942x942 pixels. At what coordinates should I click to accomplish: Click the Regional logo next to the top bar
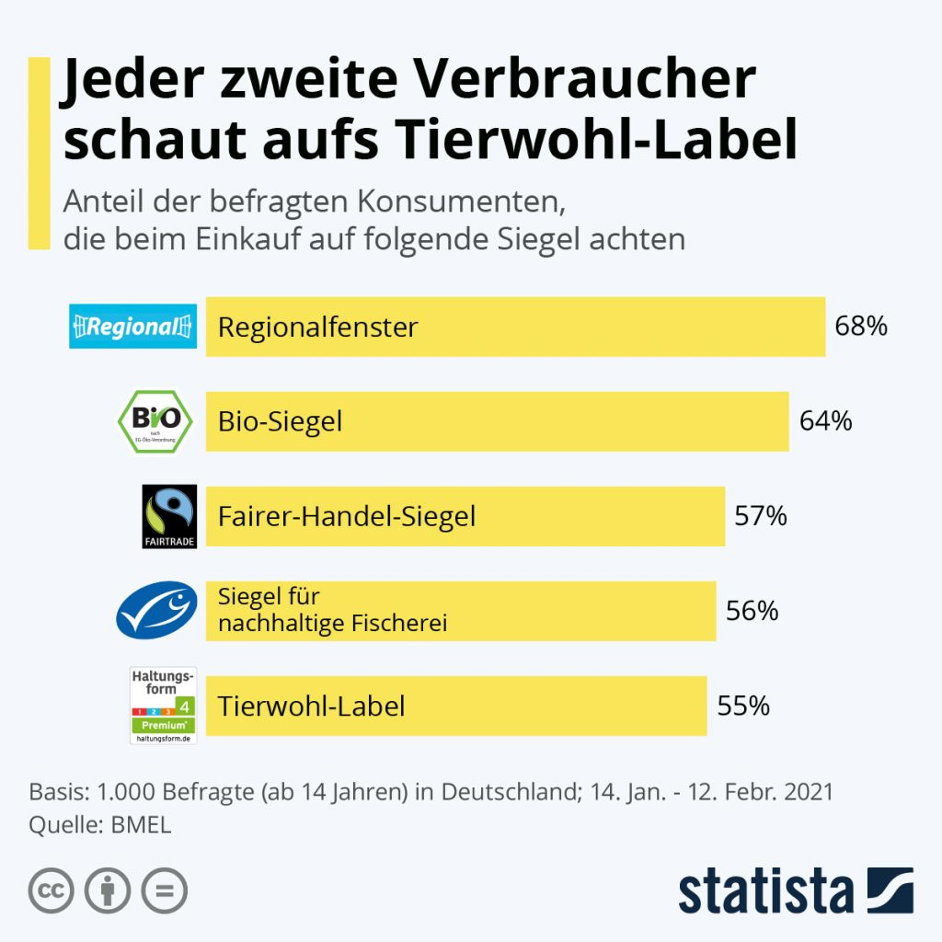point(133,326)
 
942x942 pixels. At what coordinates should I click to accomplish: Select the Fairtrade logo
point(169,516)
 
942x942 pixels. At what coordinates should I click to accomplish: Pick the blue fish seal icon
point(156,610)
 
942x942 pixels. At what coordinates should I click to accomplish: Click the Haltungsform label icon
point(164,706)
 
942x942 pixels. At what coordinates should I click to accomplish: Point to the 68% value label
point(861,326)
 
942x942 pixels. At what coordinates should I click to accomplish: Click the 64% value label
point(825,421)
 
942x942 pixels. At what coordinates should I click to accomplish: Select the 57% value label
point(761,516)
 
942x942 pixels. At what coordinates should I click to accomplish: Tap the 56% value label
point(752,610)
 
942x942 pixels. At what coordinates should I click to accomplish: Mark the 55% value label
point(742,706)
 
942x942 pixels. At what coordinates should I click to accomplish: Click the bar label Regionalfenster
point(317,327)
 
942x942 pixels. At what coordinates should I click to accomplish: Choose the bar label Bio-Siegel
point(280,421)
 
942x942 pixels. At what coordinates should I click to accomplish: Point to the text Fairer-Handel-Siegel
point(347,516)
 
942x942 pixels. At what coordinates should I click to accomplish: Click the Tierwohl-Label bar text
point(311,706)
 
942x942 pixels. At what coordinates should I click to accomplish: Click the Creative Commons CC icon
point(52,890)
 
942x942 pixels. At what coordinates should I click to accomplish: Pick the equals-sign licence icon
point(164,890)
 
